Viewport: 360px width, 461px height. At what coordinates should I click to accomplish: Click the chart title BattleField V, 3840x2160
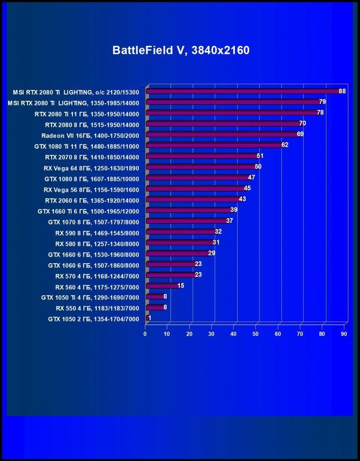pos(181,50)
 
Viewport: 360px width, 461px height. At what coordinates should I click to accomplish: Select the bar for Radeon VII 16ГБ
pos(223,134)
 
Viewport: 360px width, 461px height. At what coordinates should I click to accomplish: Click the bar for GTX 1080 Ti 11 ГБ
pos(215,145)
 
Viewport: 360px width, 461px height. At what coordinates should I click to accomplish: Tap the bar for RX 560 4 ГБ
pos(163,286)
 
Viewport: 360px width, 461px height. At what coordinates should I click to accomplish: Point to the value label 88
pos(342,91)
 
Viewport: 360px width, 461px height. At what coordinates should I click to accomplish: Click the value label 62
pos(285,145)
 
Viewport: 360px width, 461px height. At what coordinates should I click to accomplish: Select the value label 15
pos(181,285)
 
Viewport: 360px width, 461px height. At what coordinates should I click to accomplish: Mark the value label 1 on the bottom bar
pos(150,318)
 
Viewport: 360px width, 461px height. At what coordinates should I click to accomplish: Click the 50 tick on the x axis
pos(255,334)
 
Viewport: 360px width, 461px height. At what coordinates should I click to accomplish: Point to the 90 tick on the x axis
pos(344,334)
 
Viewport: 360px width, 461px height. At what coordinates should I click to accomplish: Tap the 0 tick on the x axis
pos(145,334)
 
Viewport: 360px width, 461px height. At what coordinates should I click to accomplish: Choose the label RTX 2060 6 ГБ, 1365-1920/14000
pos(92,201)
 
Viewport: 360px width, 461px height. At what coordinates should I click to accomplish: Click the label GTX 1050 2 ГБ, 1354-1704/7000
pos(94,319)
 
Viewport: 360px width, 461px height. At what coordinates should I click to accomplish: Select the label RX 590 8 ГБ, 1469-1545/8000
pos(97,233)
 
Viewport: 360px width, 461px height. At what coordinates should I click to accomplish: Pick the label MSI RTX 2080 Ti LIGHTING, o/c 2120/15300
pos(76,92)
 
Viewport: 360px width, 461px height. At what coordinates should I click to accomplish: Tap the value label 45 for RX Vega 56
pos(247,188)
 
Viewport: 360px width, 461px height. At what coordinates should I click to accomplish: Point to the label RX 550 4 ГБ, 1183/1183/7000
pos(98,308)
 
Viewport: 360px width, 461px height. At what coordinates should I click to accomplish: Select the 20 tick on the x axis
pos(189,334)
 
